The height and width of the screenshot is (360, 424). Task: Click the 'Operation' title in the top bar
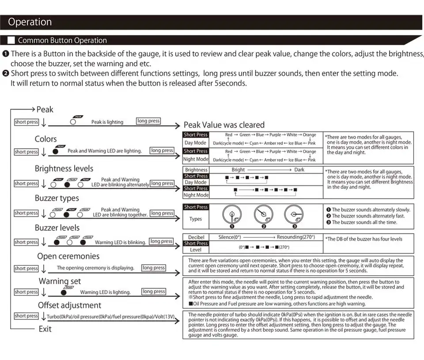[30, 22]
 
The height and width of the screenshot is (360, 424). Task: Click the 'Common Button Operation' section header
[62, 40]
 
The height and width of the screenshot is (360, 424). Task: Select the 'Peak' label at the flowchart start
[45, 109]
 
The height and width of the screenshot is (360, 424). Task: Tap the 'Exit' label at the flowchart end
[45, 329]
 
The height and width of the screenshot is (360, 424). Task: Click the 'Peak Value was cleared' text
[224, 125]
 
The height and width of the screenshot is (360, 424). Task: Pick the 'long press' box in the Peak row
[148, 121]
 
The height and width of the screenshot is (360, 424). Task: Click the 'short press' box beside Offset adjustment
[26, 316]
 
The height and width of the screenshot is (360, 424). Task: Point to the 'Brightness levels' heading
[64, 169]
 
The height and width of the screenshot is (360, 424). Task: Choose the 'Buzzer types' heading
[57, 198]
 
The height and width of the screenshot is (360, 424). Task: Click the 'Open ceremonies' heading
[68, 256]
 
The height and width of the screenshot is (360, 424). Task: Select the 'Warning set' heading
[60, 281]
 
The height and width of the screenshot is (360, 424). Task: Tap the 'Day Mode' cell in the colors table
[195, 143]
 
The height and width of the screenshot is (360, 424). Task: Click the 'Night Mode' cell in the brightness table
[196, 195]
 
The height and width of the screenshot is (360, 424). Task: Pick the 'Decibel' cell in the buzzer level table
[196, 237]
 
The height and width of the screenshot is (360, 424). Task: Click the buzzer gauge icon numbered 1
[231, 215]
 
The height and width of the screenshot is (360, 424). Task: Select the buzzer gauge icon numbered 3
[293, 215]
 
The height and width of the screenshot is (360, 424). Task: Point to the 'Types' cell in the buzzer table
[196, 219]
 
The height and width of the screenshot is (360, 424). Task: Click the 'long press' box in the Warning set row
[154, 291]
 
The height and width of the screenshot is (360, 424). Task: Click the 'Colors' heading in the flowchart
[46, 139]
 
